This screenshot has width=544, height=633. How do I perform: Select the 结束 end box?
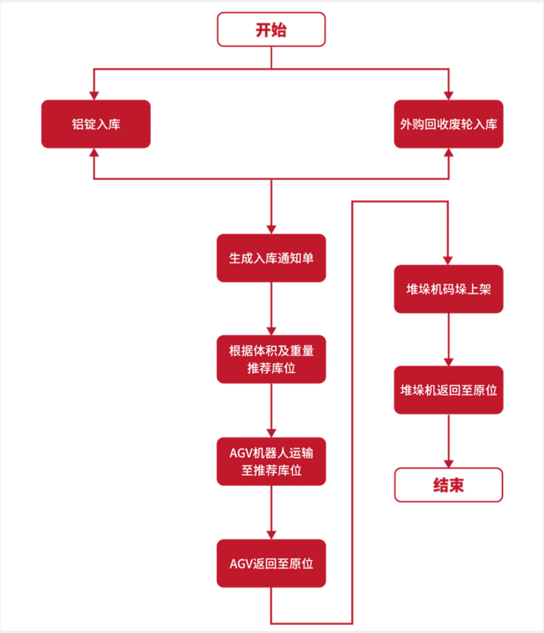point(448,485)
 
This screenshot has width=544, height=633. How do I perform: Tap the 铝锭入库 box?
point(96,124)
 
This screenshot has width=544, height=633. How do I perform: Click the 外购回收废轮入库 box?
point(448,124)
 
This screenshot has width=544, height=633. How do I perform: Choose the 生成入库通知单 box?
point(271,258)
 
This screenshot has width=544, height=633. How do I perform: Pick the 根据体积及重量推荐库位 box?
point(271,359)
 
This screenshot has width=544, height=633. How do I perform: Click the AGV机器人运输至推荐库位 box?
point(271,461)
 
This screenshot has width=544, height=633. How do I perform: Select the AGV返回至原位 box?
point(271,564)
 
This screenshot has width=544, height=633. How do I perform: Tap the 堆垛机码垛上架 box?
point(448,289)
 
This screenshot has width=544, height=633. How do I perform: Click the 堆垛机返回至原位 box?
point(448,390)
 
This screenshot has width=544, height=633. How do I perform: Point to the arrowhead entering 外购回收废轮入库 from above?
point(448,95)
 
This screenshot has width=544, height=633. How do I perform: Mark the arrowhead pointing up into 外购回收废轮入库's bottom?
point(448,153)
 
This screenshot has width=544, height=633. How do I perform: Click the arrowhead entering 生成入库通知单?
point(271,229)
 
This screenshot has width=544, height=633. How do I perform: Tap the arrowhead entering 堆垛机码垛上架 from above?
point(448,260)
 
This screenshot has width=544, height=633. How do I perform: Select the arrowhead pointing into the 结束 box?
point(448,463)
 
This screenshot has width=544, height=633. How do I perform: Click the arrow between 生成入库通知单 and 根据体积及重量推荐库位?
point(271,308)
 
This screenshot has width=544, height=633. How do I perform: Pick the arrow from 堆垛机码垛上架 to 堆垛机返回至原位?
point(448,339)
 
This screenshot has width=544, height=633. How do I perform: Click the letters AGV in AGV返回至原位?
point(241,564)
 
